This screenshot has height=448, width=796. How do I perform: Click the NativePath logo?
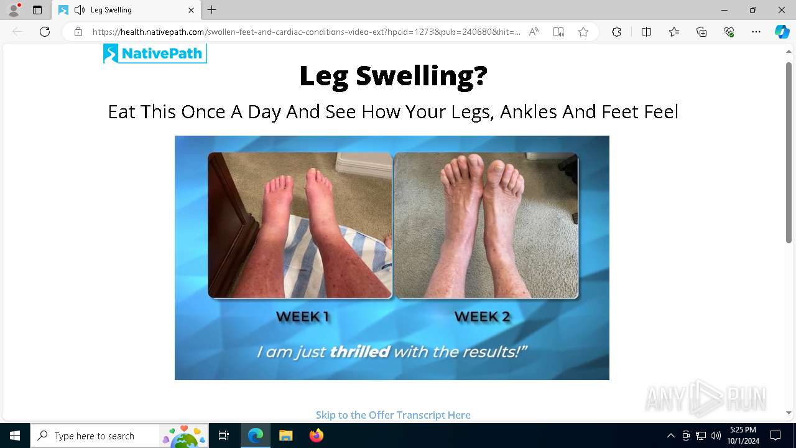[x=155, y=54]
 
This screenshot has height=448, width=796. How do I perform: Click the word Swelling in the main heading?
[x=422, y=75]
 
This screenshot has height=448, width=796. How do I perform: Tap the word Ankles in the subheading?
[x=529, y=111]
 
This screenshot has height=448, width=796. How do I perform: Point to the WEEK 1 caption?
[x=302, y=317]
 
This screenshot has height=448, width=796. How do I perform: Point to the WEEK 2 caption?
[x=482, y=317]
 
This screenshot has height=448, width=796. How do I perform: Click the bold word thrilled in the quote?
[x=359, y=352]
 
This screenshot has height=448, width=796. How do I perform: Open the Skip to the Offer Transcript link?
[x=393, y=415]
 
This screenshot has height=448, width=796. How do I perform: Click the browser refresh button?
[x=45, y=32]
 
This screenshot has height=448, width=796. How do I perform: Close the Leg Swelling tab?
[x=191, y=11]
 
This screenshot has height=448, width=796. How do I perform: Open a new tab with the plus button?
[x=212, y=10]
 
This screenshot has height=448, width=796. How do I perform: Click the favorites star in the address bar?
[x=583, y=32]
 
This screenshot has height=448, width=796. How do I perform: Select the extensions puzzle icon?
[x=616, y=32]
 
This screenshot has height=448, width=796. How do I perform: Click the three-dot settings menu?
[x=756, y=32]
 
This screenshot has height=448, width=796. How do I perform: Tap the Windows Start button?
[x=14, y=436]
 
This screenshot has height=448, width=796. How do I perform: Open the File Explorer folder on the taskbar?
[x=285, y=436]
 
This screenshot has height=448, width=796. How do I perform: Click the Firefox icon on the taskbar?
[x=317, y=436]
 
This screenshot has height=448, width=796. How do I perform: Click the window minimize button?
[x=724, y=11]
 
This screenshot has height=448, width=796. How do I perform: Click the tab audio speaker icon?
[x=79, y=10]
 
